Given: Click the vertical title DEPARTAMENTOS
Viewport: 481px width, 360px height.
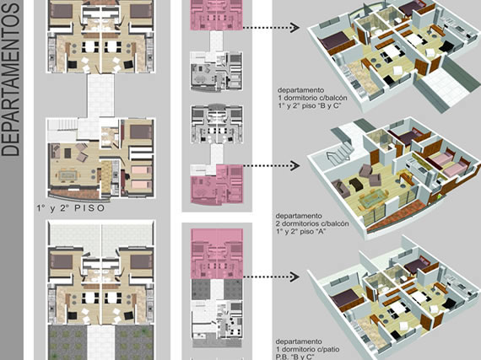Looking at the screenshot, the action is tap(11, 79).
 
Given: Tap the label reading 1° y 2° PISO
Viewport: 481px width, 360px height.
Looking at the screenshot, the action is tap(71, 208).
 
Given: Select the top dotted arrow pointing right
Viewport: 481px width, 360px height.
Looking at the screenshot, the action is tap(271, 28).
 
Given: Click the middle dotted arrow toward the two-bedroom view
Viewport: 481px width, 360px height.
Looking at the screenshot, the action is tap(271, 165).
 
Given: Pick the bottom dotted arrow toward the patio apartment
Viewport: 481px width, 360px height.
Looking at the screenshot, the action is tap(271, 277).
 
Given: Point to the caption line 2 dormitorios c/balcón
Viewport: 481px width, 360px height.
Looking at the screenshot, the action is tap(312, 223).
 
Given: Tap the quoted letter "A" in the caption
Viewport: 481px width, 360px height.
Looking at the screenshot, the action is tap(320, 231).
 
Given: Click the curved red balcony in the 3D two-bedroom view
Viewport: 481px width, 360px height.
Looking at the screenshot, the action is tap(399, 214).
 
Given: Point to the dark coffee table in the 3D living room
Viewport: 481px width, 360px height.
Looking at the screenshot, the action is tap(356, 184).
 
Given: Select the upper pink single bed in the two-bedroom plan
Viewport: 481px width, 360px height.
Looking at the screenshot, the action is tap(141, 169).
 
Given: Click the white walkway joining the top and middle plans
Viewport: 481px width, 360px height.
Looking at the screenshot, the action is tap(100, 95).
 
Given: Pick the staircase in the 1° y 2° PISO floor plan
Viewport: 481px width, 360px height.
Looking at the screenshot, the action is tap(63, 129).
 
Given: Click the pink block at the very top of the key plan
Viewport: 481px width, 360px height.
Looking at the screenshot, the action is tap(216, 14).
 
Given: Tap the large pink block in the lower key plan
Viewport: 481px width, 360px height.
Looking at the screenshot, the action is tap(217, 254).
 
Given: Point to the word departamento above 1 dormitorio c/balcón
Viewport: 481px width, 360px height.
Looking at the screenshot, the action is tap(300, 90).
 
